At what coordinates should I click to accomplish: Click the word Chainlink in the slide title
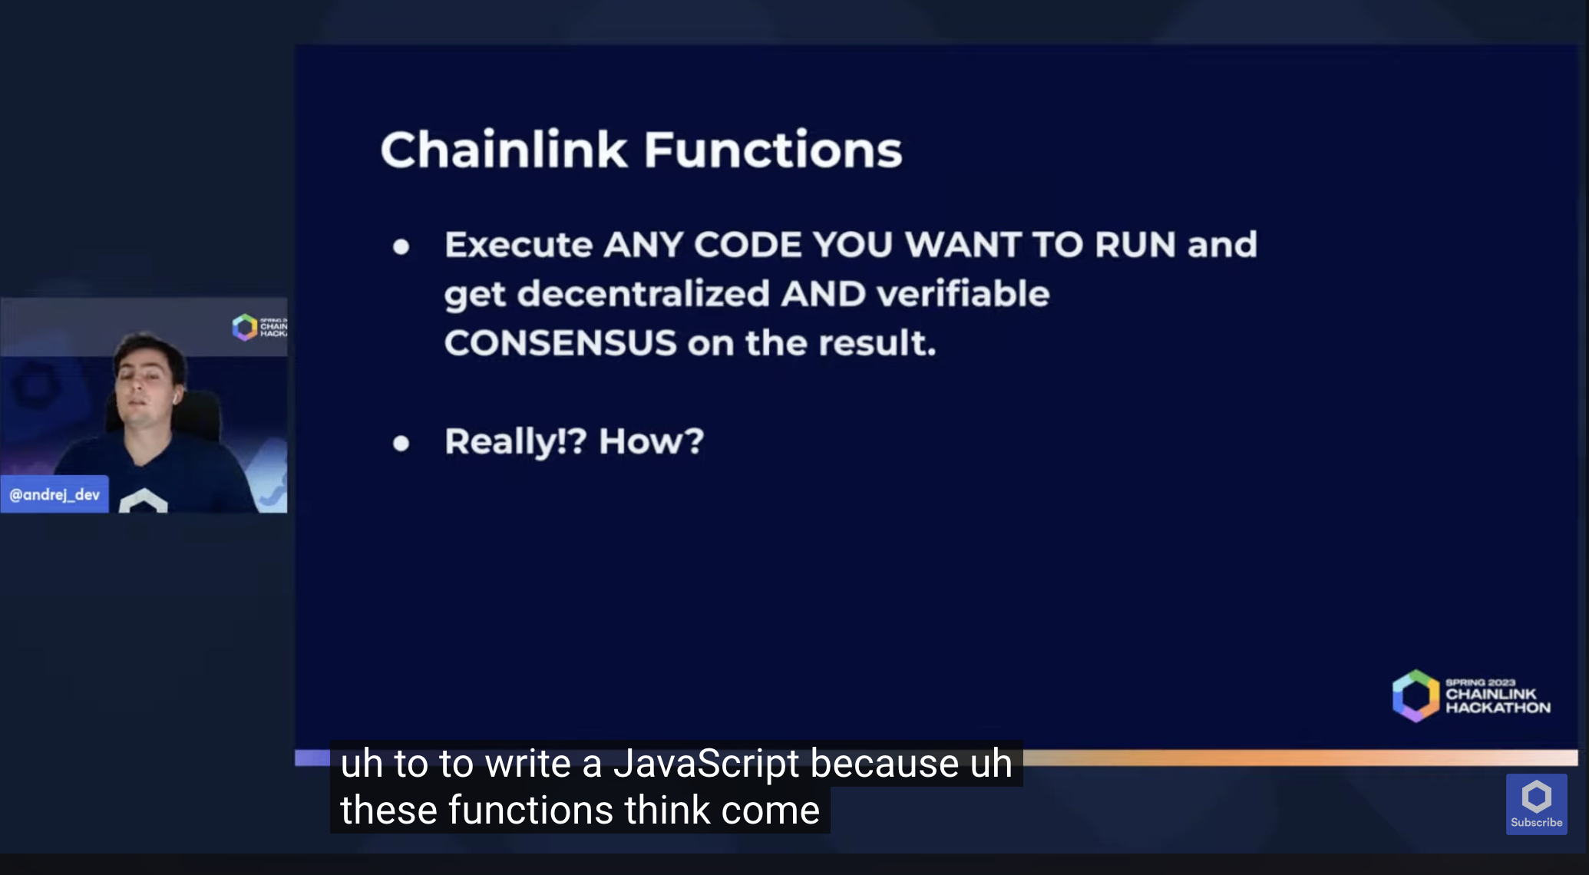(x=504, y=150)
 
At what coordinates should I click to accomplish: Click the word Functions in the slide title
(x=772, y=150)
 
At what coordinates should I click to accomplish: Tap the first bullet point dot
(x=401, y=246)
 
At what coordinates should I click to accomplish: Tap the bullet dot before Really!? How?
(x=401, y=443)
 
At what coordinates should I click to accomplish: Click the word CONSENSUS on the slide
(x=560, y=343)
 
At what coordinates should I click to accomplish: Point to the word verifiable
(x=963, y=294)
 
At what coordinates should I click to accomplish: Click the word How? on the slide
(x=651, y=441)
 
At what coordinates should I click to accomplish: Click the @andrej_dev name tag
(x=55, y=494)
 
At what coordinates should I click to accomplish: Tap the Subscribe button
(x=1536, y=804)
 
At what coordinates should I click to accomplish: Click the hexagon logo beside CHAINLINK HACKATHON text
(x=1416, y=695)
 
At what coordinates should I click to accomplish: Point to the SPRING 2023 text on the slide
(x=1480, y=682)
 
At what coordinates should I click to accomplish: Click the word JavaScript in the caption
(x=706, y=764)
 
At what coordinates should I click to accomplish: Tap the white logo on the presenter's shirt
(x=144, y=500)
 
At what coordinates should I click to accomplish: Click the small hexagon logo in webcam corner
(x=244, y=327)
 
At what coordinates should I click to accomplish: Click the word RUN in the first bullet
(x=1135, y=245)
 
